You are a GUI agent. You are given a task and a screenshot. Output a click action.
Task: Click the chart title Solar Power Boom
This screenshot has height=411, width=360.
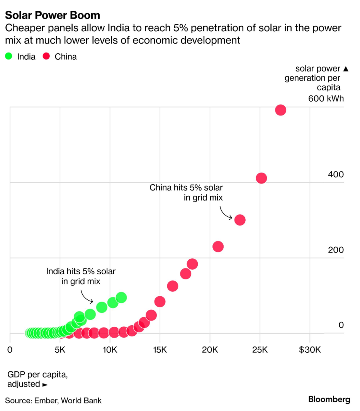(x=52, y=15)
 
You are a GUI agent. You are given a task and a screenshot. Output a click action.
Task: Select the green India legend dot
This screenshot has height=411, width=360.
(x=9, y=56)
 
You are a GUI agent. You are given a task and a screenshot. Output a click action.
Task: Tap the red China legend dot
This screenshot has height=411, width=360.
(x=46, y=56)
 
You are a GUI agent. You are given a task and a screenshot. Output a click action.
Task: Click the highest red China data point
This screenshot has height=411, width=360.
(x=280, y=110)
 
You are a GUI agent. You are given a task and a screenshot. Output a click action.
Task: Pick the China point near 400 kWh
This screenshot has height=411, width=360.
(x=262, y=178)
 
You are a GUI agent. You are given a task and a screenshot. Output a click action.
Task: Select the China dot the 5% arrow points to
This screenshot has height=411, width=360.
(x=240, y=220)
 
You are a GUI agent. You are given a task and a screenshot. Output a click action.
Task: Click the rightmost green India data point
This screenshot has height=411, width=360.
(x=121, y=297)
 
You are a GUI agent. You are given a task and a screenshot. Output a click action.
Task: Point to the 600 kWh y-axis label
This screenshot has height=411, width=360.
(x=326, y=99)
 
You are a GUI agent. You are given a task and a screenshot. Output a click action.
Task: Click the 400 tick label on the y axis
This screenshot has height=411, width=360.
(x=336, y=175)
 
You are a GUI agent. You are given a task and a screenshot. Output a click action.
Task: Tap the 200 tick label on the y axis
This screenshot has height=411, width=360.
(x=336, y=250)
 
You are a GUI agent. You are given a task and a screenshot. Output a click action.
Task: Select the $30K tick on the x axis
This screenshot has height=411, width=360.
(x=310, y=350)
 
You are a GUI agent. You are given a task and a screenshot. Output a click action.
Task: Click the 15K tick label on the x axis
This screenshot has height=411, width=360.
(x=160, y=350)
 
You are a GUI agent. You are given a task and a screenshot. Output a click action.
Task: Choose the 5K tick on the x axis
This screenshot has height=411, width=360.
(x=60, y=350)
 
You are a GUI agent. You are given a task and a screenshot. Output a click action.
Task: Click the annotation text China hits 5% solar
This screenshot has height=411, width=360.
(x=186, y=188)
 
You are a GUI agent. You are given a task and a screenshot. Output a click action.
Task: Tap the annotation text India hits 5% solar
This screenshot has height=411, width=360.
(x=81, y=272)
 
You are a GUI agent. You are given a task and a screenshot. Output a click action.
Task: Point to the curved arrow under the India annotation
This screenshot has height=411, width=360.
(x=87, y=296)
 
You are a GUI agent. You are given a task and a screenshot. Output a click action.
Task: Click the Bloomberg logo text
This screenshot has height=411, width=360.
(x=329, y=399)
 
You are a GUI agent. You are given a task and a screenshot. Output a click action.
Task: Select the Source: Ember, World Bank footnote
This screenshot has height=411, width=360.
(x=53, y=400)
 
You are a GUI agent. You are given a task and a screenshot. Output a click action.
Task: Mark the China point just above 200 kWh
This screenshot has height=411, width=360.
(x=218, y=246)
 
